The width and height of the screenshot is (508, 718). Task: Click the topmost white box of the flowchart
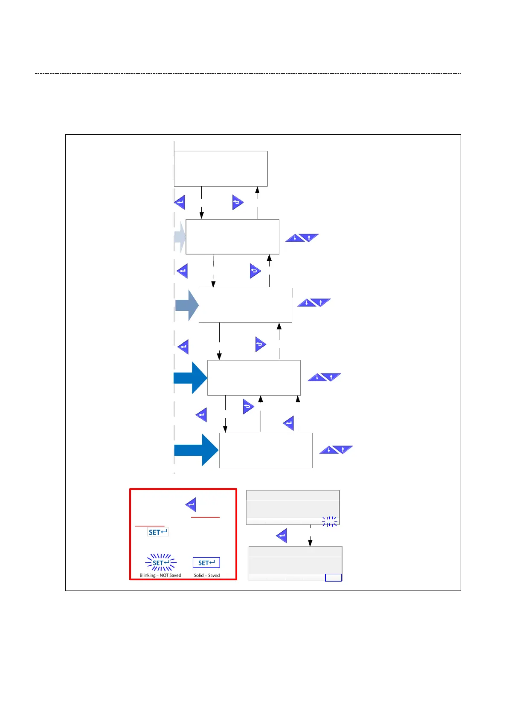[x=221, y=168]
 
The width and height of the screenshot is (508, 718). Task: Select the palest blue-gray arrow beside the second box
[x=180, y=237]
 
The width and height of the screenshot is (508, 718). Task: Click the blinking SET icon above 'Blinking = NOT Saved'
[x=161, y=563]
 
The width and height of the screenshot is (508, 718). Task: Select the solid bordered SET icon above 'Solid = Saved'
[x=206, y=563]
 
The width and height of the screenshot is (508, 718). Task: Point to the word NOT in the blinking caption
[x=164, y=576]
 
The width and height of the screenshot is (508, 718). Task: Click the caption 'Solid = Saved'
[x=207, y=576]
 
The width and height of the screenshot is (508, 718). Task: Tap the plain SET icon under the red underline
[x=158, y=532]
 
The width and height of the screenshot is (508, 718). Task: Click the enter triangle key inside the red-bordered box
[x=191, y=505]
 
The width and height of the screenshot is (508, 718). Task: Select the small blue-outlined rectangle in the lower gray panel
[x=334, y=578]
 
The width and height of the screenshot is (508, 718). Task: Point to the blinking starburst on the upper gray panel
[x=330, y=521]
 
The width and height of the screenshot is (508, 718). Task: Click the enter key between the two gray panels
[x=282, y=536]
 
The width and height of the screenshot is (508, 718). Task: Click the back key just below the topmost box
[x=237, y=203]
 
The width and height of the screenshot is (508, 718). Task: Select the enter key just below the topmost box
[x=180, y=203]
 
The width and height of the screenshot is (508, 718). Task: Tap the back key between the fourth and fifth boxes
[x=248, y=407]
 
